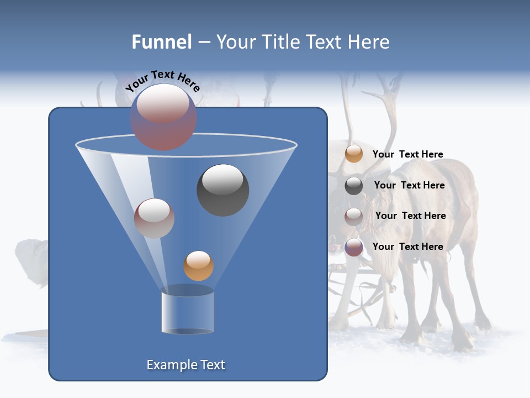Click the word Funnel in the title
point(162,42)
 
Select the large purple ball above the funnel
point(163,117)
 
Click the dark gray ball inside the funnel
point(222,190)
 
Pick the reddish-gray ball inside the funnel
point(154,218)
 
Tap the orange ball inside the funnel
point(198,265)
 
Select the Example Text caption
point(185,365)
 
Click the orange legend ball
point(354,154)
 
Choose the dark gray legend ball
point(354,185)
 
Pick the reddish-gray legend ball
point(354,216)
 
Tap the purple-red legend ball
point(354,247)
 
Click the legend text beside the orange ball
point(407,154)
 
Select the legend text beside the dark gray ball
point(409,185)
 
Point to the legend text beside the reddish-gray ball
point(410,216)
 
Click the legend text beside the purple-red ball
point(407,247)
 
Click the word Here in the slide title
point(368,42)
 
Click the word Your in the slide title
point(236,42)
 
